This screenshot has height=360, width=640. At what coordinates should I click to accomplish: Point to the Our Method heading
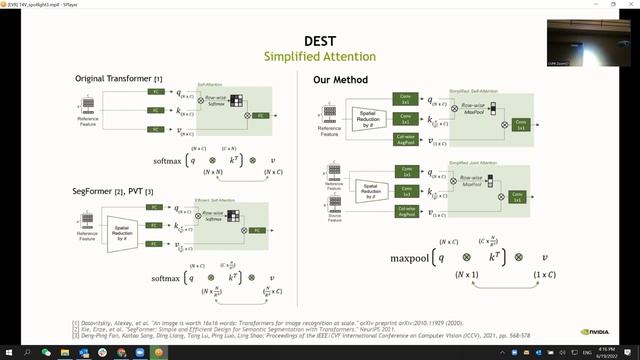point(344,79)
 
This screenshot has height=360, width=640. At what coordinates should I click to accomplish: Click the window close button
point(631,4)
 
